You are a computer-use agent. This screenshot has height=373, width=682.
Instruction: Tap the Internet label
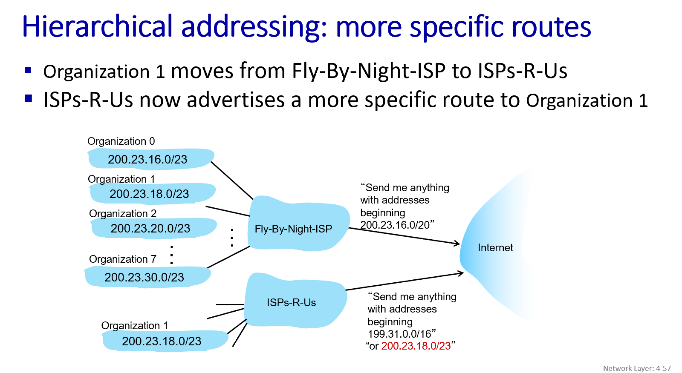pos(495,248)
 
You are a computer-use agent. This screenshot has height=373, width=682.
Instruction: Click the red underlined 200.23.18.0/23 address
pos(416,346)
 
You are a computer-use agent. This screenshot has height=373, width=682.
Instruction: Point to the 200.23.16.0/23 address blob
pos(151,158)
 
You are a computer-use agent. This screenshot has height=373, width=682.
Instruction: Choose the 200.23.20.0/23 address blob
pos(154,228)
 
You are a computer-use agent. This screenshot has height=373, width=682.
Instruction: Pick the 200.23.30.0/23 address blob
pos(147,276)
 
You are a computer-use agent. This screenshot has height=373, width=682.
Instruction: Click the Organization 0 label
pos(121,141)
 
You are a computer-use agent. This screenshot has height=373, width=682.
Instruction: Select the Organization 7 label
pos(123,259)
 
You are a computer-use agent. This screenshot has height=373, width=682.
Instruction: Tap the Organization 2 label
pos(123,214)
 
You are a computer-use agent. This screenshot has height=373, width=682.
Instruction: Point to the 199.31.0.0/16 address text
pos(399,334)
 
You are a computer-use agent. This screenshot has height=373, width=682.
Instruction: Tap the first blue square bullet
pos(28,71)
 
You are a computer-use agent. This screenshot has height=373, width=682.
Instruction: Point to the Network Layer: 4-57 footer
pos(637,368)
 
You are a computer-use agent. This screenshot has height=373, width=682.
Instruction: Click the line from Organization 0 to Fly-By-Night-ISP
pos(232,181)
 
